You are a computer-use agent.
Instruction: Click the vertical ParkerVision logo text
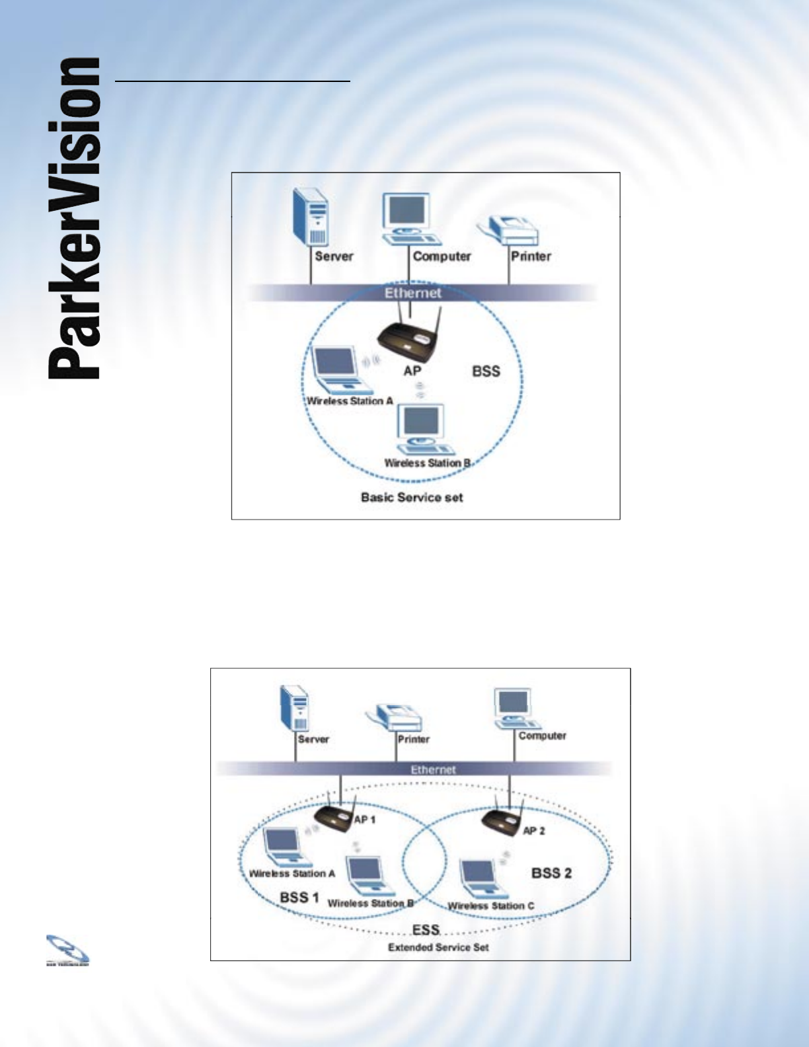74,218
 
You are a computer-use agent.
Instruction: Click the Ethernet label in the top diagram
412,293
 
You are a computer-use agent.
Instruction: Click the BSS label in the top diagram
486,371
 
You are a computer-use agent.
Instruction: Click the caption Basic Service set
412,497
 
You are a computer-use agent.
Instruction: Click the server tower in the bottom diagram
295,707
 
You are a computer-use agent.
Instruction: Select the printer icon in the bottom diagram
395,719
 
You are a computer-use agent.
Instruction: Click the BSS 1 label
299,897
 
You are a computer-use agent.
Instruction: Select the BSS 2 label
551,873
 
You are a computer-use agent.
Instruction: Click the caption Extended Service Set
438,947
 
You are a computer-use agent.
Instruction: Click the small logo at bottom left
67,950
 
